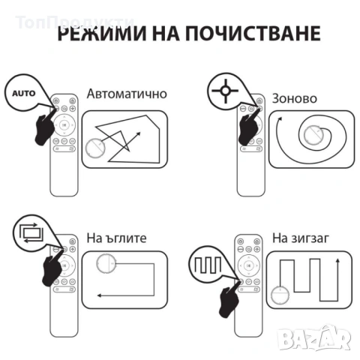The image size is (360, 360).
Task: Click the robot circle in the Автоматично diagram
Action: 97,149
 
